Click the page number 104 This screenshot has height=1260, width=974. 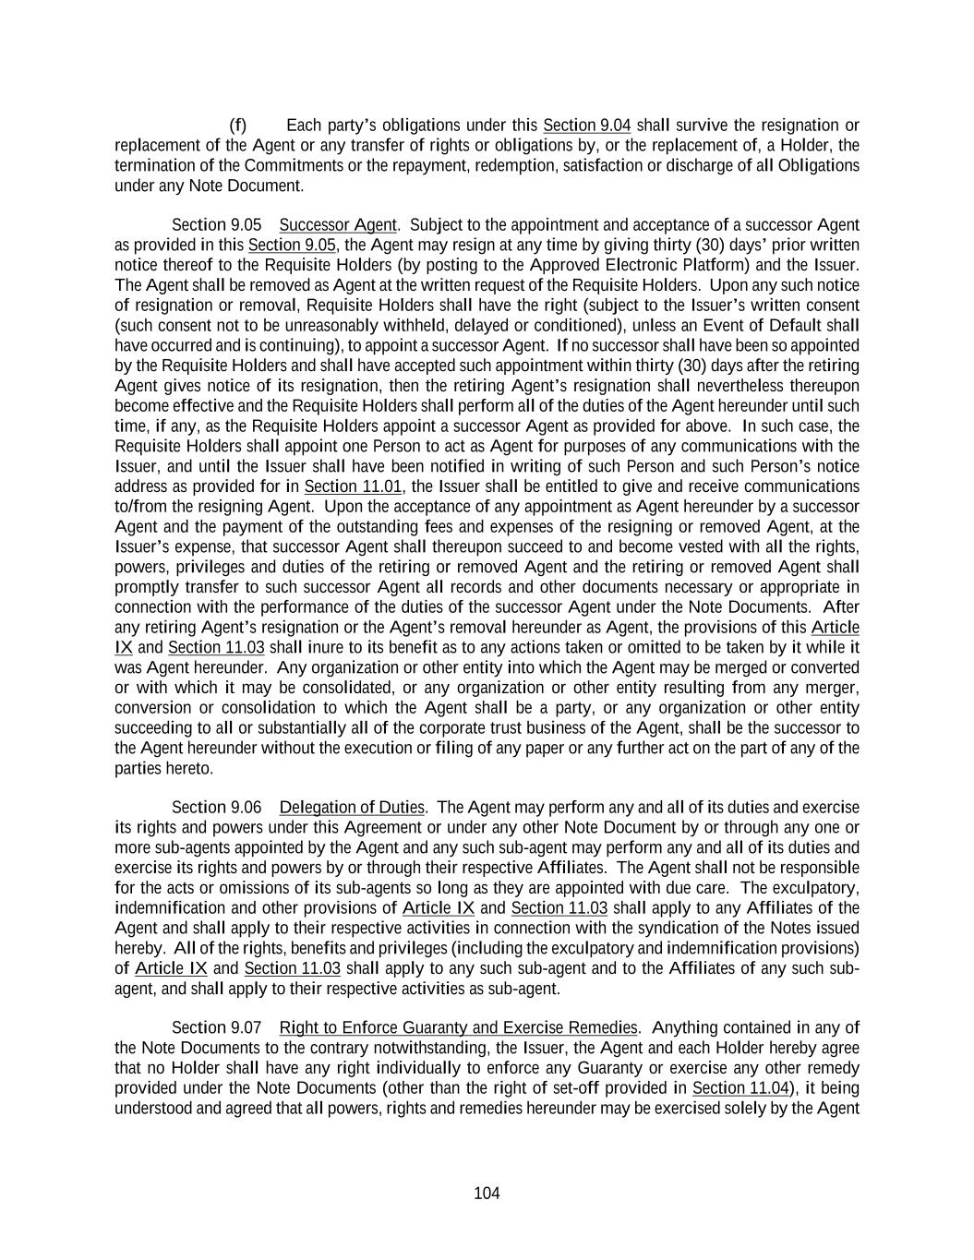pyautogui.click(x=487, y=1194)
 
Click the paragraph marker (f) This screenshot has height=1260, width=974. pyautogui.click(x=238, y=126)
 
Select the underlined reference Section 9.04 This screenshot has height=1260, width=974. pyautogui.click(x=587, y=126)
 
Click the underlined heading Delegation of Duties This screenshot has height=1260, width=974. pyautogui.click(x=352, y=808)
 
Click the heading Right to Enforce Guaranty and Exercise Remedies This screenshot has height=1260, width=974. pyautogui.click(x=458, y=1028)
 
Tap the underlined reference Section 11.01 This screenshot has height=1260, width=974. pyautogui.click(x=354, y=486)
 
